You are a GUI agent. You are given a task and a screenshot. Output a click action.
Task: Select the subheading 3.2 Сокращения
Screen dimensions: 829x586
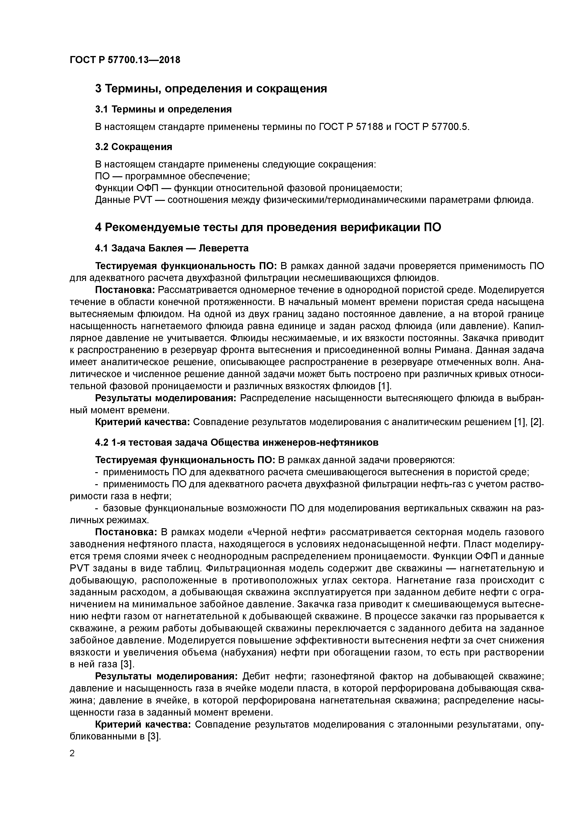tap(134, 147)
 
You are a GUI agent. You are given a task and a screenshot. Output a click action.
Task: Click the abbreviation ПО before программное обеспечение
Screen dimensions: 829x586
tap(103, 176)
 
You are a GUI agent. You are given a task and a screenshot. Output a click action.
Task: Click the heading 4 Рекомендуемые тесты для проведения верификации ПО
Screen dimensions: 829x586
tap(268, 228)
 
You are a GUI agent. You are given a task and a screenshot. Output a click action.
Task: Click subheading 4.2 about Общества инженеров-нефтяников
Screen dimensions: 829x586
tap(237, 442)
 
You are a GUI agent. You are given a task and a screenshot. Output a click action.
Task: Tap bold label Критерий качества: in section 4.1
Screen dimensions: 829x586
tap(143, 422)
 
